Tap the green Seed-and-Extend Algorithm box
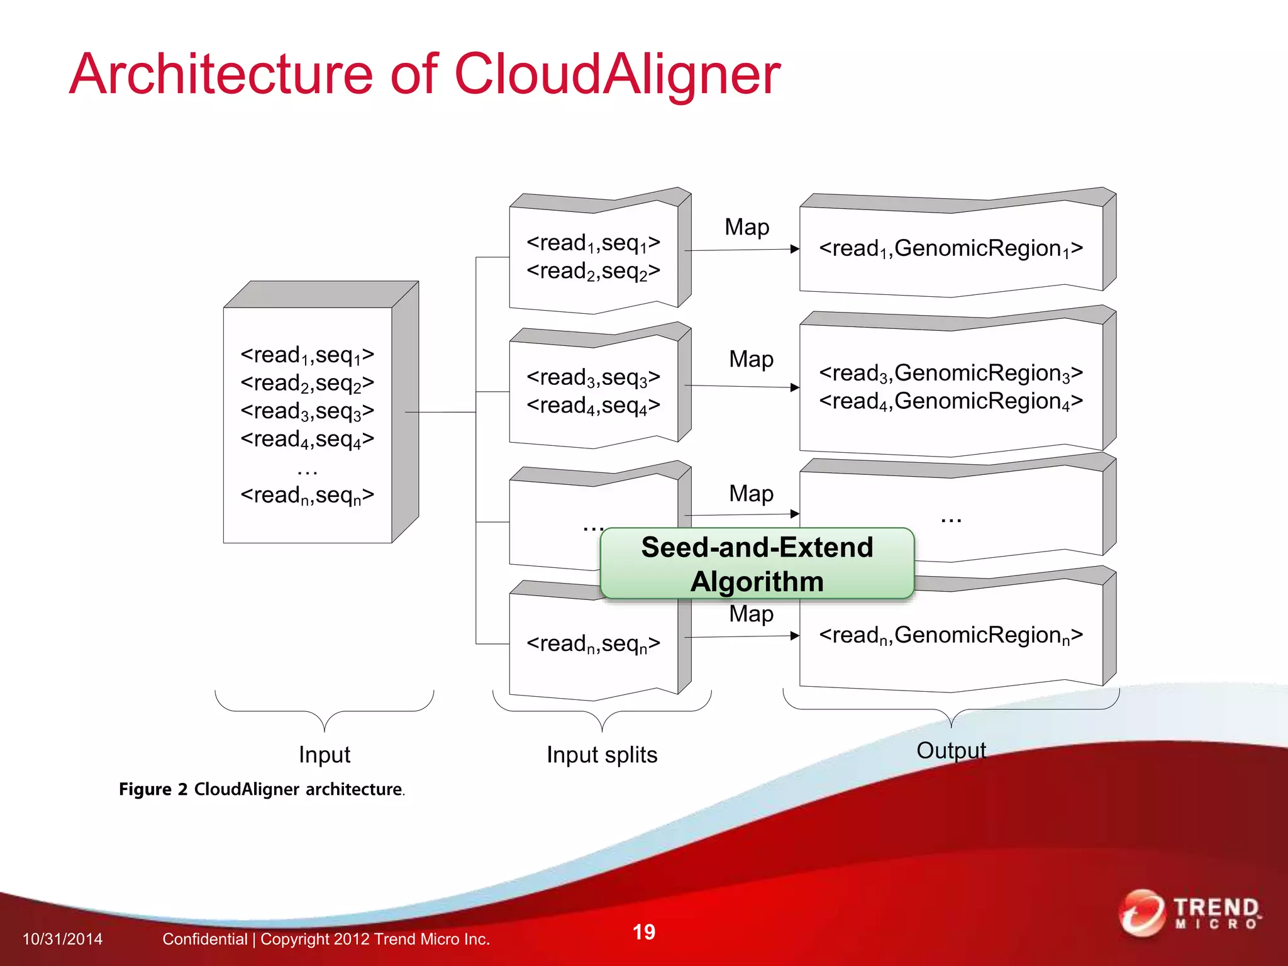click(x=757, y=563)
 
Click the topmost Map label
click(x=747, y=227)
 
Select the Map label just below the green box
click(x=751, y=613)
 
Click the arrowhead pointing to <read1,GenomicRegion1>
click(x=795, y=249)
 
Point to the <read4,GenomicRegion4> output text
click(x=950, y=401)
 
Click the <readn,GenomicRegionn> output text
click(x=950, y=635)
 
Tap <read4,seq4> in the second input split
click(x=593, y=406)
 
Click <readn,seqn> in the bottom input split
click(x=593, y=644)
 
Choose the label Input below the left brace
click(x=324, y=754)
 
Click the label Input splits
click(x=602, y=754)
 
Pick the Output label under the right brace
click(x=951, y=750)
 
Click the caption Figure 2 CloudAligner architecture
click(x=262, y=789)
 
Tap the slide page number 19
click(x=643, y=932)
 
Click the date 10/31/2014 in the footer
click(x=62, y=939)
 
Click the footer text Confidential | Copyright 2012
click(x=326, y=939)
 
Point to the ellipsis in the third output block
click(x=951, y=519)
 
